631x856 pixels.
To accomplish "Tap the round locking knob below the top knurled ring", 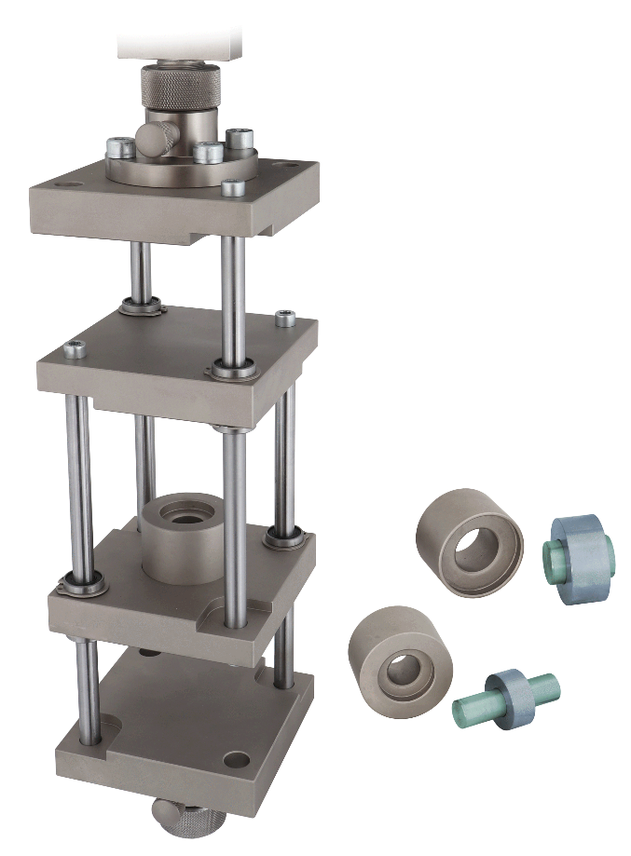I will pyautogui.click(x=152, y=137).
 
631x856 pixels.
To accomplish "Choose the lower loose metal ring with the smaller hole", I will pyautogui.click(x=400, y=657).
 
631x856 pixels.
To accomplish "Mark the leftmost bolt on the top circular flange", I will pyautogui.click(x=117, y=146).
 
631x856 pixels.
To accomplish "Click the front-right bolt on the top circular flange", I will pyautogui.click(x=233, y=186).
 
